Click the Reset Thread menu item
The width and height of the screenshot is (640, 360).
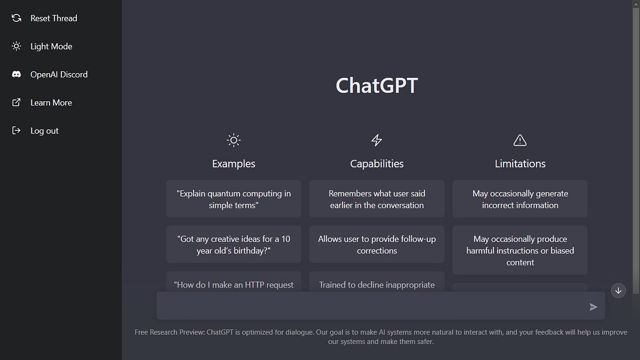tap(53, 18)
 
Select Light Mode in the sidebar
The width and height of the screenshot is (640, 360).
tap(51, 46)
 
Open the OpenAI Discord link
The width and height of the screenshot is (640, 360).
tap(59, 75)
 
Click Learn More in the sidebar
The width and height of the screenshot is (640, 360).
tap(51, 103)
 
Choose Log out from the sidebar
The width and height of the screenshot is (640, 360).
tap(44, 131)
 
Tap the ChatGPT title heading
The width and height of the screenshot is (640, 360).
tap(377, 86)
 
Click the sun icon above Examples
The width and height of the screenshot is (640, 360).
tap(234, 140)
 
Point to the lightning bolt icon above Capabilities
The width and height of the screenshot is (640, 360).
tap(377, 140)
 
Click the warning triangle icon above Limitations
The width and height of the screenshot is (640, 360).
tap(519, 140)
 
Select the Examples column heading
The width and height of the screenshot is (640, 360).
tap(234, 164)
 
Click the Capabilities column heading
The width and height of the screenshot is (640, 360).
tap(377, 164)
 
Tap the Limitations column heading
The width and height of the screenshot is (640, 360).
tap(520, 164)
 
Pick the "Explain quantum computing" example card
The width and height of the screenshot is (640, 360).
tap(234, 199)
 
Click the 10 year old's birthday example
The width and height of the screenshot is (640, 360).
tap(234, 244)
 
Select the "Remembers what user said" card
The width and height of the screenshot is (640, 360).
tap(377, 199)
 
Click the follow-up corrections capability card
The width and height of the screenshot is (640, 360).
tap(377, 244)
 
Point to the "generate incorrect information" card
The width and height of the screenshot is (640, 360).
tap(520, 199)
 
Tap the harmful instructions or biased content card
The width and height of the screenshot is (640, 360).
tap(520, 250)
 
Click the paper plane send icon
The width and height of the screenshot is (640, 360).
tap(594, 307)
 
